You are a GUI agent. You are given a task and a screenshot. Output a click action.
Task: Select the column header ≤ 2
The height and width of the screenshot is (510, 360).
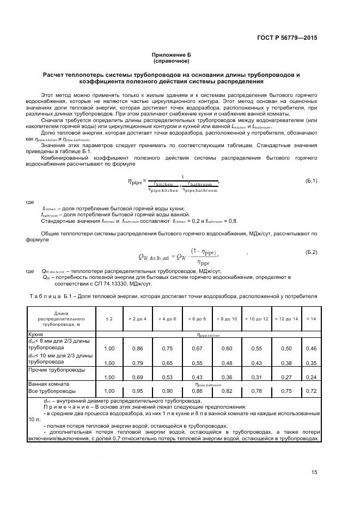[x=109, y=318]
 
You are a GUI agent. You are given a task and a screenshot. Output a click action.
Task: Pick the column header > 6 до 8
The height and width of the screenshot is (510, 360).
[x=197, y=318]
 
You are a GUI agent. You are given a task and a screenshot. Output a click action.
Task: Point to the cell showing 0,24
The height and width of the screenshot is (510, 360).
[x=311, y=377]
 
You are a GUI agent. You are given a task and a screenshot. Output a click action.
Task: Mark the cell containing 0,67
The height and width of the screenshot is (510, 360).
[x=197, y=348]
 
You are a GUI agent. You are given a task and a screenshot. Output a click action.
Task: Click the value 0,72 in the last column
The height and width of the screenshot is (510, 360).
[x=311, y=391]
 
